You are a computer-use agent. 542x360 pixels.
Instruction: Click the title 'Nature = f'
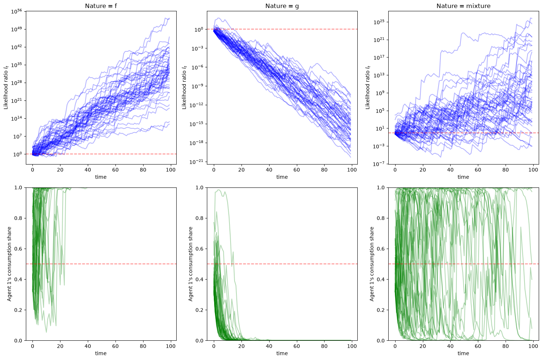pos(101,6)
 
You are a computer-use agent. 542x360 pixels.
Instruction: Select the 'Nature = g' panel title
pos(282,6)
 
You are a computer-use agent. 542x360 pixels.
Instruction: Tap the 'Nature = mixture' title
pos(463,6)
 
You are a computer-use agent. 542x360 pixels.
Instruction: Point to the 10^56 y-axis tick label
pos(16,11)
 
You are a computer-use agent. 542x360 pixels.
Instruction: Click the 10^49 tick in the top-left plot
pos(16,29)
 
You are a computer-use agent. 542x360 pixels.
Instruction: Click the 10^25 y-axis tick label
pos(379,22)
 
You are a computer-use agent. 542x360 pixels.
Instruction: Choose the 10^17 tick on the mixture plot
pos(379,57)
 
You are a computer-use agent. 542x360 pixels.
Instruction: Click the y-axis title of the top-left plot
pos(6,87)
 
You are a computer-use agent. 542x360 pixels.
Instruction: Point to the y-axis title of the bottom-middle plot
pos(191,264)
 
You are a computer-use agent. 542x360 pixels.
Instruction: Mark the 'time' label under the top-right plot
pos(463,177)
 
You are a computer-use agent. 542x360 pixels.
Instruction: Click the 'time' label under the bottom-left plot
pos(101,353)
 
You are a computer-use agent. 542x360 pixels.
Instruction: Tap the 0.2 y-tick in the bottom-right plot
pos(381,310)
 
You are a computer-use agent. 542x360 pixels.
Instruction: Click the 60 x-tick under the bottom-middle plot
pos(296,346)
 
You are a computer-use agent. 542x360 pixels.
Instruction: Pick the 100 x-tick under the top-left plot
pos(171,170)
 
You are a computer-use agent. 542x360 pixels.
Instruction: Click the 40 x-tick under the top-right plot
pos(450,170)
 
